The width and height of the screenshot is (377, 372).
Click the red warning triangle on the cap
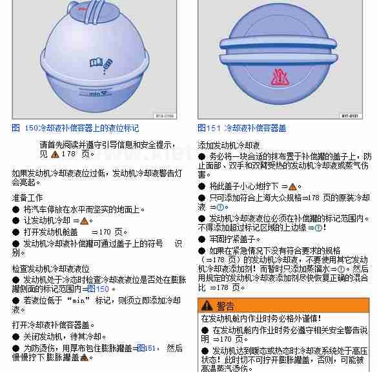[280, 77]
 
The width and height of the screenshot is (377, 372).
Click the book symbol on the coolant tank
[96, 63]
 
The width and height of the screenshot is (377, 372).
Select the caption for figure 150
[76, 128]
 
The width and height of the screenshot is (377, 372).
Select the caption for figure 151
[242, 128]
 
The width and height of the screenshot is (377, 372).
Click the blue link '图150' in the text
[98, 289]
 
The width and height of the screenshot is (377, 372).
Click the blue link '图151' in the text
[146, 348]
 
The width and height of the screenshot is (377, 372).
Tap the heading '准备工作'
[27, 198]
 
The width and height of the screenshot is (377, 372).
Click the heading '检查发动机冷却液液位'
[51, 269]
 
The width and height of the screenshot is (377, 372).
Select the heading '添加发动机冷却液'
[229, 145]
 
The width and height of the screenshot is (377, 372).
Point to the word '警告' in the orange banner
[225, 306]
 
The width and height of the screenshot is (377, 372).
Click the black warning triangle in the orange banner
[207, 305]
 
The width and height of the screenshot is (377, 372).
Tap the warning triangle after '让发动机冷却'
[84, 221]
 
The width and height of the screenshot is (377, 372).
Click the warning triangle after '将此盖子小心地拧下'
[292, 187]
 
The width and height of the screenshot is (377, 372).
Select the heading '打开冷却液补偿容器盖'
[51, 325]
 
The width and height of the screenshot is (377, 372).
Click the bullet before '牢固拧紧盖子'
[201, 239]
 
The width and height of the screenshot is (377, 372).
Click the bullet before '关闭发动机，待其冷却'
[15, 336]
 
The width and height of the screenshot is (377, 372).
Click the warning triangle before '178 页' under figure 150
[55, 154]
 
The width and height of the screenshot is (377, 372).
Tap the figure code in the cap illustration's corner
[351, 116]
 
